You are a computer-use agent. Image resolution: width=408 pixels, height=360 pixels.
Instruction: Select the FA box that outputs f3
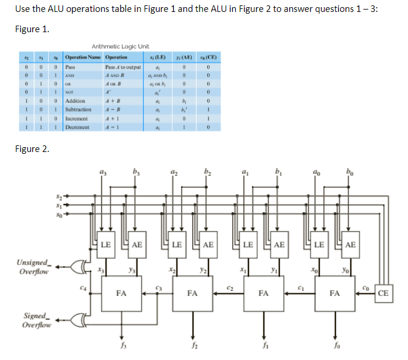[121, 293]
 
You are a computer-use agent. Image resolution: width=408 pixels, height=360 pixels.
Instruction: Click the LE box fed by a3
[105, 244]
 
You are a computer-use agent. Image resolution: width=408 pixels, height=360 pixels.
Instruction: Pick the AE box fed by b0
[351, 244]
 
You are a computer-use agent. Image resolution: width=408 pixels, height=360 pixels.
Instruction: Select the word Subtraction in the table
[78, 110]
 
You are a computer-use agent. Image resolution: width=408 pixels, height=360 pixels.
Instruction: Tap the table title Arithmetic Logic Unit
[120, 46]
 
